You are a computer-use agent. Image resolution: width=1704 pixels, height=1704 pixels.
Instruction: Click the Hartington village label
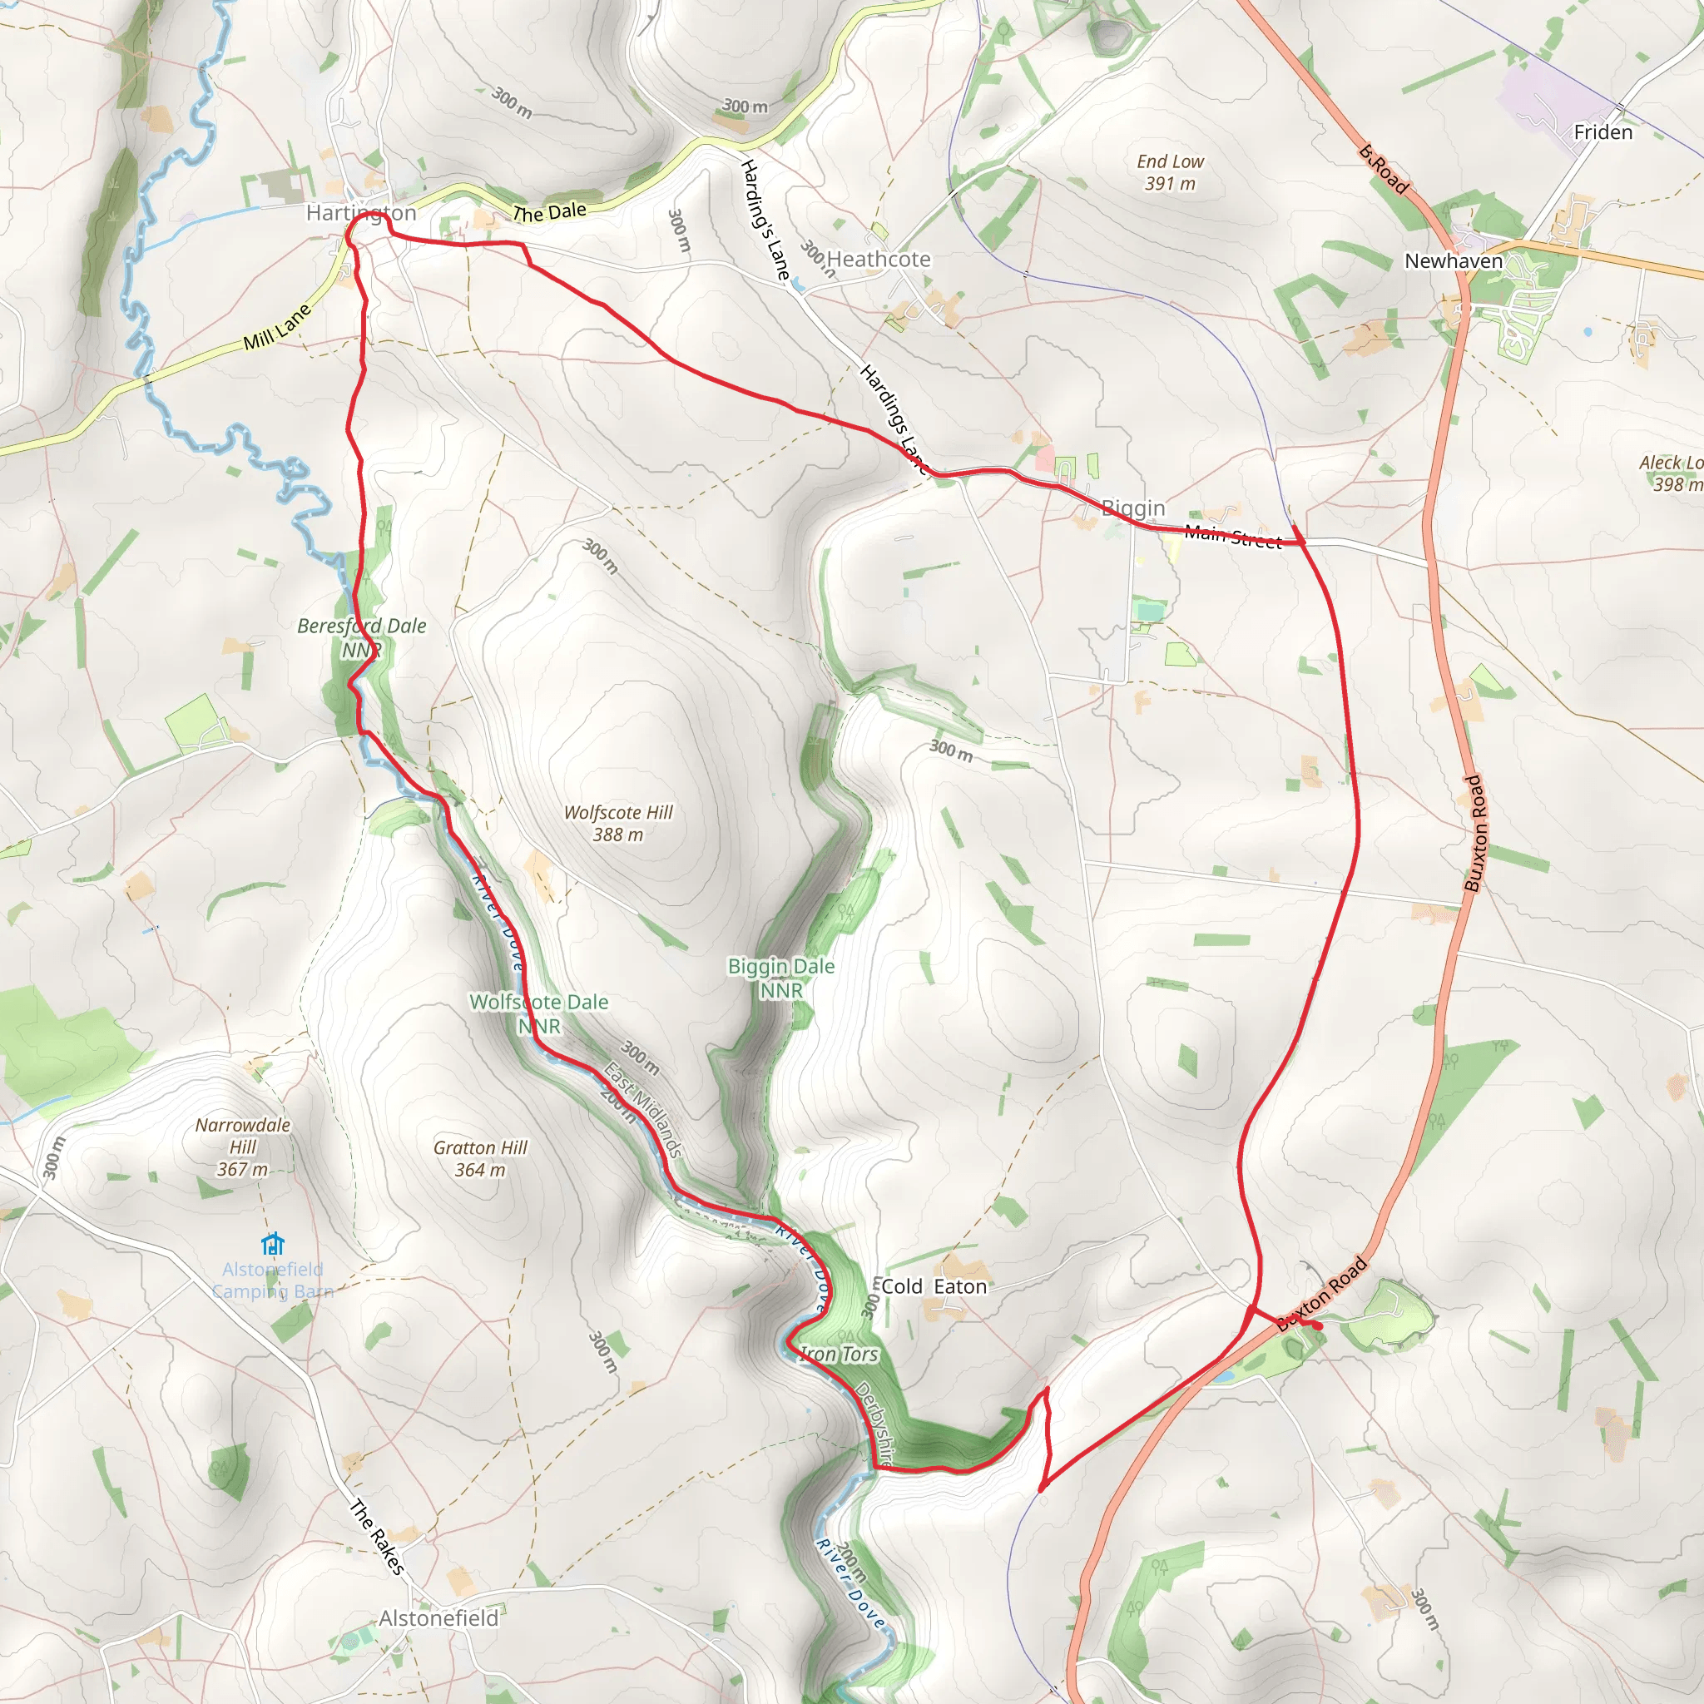[361, 212]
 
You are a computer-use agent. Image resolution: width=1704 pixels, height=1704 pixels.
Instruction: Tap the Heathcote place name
[879, 260]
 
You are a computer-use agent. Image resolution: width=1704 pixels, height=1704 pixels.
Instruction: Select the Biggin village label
[1133, 508]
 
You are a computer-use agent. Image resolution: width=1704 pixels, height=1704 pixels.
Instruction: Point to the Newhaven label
[1454, 261]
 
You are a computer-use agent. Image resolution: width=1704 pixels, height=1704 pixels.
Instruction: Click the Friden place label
[1602, 132]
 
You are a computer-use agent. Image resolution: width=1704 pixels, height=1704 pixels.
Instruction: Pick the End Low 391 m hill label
[1170, 173]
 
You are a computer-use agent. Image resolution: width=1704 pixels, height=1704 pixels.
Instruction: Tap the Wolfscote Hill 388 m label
[618, 823]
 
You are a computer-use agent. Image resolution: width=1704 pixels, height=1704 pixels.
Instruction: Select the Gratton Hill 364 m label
[480, 1158]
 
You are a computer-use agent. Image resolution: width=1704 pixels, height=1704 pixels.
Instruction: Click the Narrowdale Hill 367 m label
[243, 1147]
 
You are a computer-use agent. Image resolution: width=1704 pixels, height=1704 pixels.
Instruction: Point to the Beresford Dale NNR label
[362, 637]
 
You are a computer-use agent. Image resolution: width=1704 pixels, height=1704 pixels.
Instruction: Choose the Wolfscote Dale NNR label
[539, 1013]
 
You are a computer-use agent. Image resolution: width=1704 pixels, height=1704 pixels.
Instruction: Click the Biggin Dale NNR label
[781, 978]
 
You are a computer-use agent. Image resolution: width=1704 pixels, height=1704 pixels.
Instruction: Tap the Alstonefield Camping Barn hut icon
[274, 1244]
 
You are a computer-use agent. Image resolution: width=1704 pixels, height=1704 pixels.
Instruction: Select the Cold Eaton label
[934, 1287]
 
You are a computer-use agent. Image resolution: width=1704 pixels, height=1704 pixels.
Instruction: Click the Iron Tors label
[838, 1354]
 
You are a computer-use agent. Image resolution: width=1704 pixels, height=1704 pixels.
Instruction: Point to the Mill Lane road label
[277, 326]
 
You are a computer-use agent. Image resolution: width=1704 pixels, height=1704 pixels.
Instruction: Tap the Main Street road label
[1233, 537]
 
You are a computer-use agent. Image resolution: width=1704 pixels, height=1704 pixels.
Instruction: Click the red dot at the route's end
[1318, 1325]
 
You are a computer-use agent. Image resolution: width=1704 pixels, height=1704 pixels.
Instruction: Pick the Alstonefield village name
[438, 1618]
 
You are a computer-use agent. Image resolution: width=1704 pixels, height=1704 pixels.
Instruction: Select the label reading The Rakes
[378, 1537]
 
